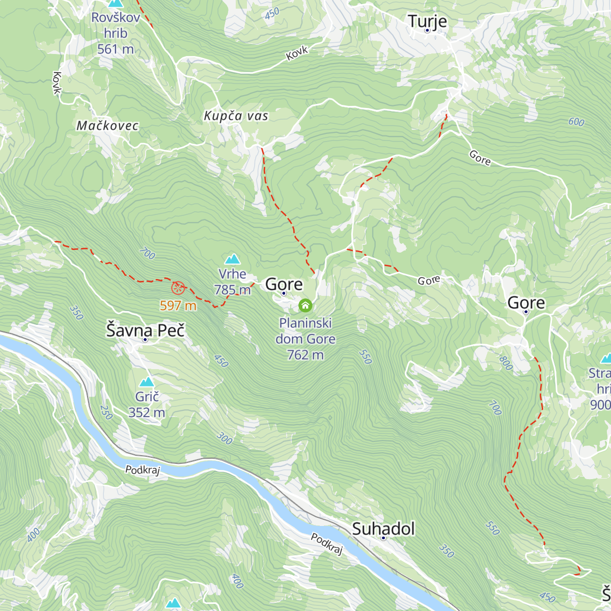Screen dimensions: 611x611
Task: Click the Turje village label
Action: [x=427, y=21]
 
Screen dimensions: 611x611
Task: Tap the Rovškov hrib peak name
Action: [x=116, y=25]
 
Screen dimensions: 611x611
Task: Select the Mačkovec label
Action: [x=107, y=126]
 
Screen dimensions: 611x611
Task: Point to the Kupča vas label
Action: [x=236, y=116]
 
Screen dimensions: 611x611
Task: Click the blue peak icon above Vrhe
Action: [x=233, y=259]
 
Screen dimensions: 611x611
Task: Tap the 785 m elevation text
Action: [x=233, y=290]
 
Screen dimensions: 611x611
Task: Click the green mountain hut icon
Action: [x=305, y=305]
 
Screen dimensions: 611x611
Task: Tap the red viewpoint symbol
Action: [x=178, y=288]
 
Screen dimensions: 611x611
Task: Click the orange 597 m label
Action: [x=178, y=305]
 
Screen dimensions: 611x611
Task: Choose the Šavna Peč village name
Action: [x=145, y=330]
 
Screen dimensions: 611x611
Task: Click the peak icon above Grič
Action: [x=147, y=382]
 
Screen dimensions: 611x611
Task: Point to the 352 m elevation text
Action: [x=147, y=412]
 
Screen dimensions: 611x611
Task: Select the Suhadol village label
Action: [x=383, y=529]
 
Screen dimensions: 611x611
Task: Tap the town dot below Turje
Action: [x=427, y=31]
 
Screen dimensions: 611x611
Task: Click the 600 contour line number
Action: [x=576, y=122]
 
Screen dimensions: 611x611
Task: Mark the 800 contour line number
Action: [x=506, y=363]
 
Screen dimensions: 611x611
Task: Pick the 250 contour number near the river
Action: [x=106, y=412]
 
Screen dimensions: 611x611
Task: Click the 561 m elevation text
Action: [x=116, y=49]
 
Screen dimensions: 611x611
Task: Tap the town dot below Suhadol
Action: [x=383, y=538]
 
